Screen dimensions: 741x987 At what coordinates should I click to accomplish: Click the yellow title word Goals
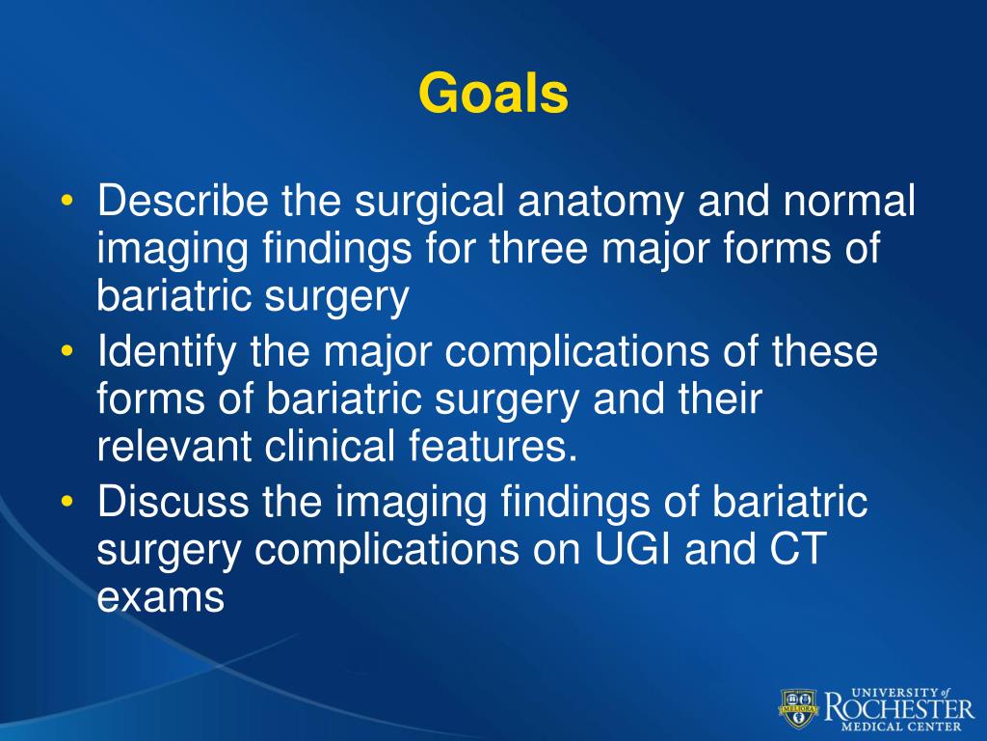(493, 95)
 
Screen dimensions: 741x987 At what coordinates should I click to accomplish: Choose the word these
(826, 353)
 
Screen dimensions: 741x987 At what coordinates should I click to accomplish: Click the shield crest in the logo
(799, 707)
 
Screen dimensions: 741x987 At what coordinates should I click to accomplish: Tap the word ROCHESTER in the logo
(898, 708)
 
